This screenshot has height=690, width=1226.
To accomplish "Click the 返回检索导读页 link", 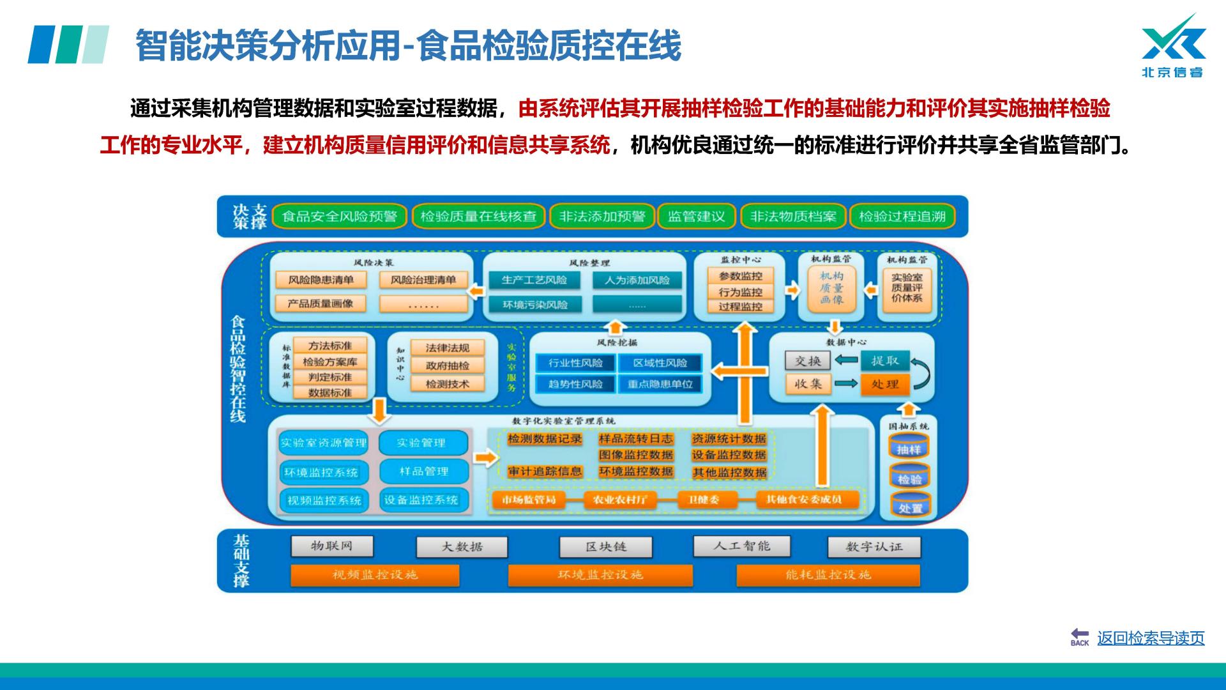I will [x=1150, y=638].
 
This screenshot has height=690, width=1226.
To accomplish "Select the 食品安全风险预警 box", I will [x=339, y=217].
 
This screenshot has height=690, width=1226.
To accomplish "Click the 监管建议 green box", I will [x=696, y=217].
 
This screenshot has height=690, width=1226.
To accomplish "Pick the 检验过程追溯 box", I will [x=902, y=217].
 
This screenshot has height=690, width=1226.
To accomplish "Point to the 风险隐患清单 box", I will [x=321, y=280].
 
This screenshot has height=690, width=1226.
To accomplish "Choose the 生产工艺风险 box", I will [x=534, y=280].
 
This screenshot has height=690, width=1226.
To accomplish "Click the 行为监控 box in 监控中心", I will [x=740, y=291].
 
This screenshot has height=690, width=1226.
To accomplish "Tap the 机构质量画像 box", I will [x=831, y=288].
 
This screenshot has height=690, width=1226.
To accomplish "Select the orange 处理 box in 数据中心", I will [x=884, y=384].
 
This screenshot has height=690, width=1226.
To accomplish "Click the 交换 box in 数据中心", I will [x=808, y=361].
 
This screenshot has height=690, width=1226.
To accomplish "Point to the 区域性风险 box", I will [x=660, y=363].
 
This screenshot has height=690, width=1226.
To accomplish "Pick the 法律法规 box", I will [x=447, y=348].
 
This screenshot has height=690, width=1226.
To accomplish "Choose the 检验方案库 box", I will [x=329, y=362].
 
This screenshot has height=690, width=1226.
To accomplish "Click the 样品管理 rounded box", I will [x=423, y=471].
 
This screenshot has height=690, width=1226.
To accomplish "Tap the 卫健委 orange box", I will [x=703, y=500].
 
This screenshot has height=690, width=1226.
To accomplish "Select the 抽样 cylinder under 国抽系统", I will [x=909, y=449].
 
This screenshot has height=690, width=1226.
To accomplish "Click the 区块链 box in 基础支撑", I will [x=605, y=547].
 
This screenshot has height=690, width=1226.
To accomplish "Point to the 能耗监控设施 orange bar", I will [x=828, y=575].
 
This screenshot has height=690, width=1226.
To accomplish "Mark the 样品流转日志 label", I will [x=635, y=439].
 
